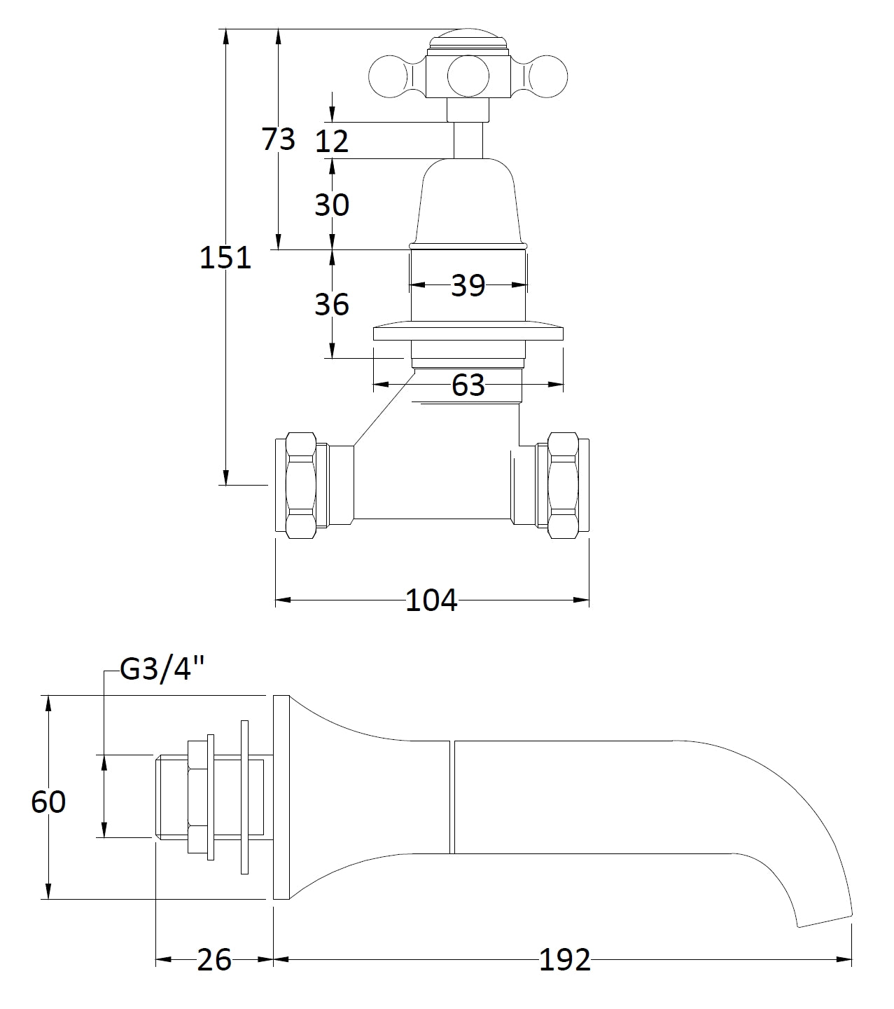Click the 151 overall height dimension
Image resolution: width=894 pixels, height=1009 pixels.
(225, 258)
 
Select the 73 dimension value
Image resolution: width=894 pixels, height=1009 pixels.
(279, 139)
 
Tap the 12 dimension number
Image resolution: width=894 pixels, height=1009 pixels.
(332, 142)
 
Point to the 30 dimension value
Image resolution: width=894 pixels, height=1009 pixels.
(332, 205)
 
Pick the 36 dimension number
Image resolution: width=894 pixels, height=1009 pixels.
(332, 305)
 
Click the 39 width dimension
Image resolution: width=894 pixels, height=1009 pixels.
(468, 285)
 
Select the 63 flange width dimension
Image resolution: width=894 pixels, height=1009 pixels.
(468, 385)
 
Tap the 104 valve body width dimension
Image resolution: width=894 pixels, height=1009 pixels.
(431, 600)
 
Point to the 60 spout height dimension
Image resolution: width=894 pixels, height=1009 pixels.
(48, 802)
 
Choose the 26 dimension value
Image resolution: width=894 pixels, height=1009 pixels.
(214, 960)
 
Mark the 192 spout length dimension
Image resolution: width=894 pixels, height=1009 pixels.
(564, 960)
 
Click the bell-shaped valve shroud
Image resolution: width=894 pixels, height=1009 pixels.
(467, 203)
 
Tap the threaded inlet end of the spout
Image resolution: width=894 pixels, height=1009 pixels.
(170, 796)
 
